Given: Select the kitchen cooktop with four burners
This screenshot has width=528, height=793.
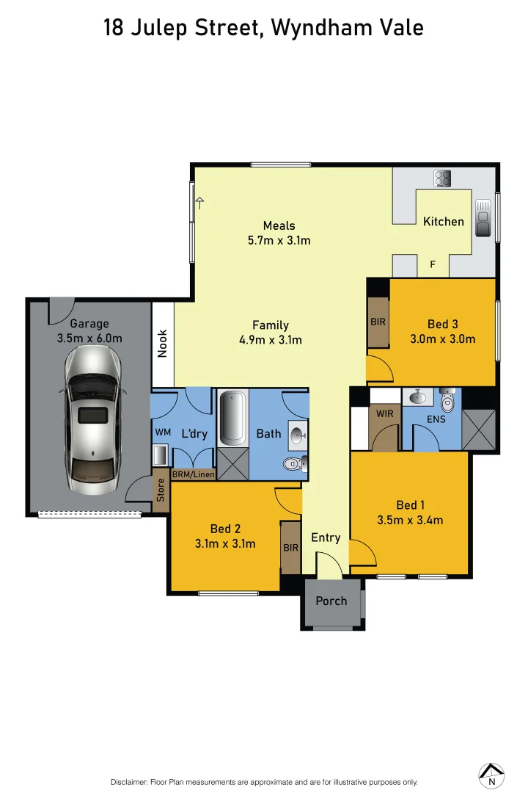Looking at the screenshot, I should [x=442, y=178].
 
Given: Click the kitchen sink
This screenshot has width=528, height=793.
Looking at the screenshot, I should [x=483, y=219].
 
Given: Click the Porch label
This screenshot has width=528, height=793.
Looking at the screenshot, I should [x=331, y=601].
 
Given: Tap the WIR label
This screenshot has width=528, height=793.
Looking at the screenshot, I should [x=385, y=414].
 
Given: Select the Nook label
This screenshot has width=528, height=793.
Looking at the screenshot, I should [x=163, y=343].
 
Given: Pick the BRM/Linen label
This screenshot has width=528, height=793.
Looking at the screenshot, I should [x=194, y=474].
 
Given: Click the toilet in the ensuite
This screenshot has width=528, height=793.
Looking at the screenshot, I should [x=447, y=401].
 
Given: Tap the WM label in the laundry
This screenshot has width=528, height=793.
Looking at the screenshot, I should [x=162, y=433].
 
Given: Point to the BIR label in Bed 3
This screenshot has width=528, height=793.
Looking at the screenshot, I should [x=378, y=322].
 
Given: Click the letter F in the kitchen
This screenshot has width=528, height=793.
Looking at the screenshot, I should [x=433, y=264].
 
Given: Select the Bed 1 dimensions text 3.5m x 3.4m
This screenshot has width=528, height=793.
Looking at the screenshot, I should [x=409, y=521].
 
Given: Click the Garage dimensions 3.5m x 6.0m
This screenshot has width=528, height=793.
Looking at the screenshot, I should [x=89, y=338].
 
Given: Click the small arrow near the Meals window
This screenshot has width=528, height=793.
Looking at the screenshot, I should [x=199, y=203].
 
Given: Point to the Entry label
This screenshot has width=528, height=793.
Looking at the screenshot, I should [x=326, y=537].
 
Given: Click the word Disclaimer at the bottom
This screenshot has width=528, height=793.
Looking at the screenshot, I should [x=129, y=782].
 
